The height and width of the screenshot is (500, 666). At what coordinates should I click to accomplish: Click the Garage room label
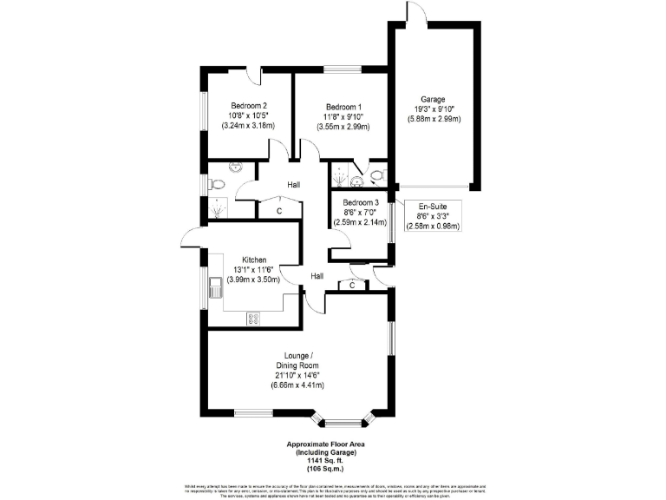434,99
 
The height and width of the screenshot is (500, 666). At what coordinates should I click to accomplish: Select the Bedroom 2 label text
248,105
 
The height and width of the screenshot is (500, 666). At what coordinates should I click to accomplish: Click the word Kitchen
253,260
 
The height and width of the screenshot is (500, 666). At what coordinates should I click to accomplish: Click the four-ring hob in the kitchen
254,318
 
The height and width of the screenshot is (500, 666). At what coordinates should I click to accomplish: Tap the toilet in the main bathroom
218,184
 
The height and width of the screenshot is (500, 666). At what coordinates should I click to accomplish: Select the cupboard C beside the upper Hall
279,211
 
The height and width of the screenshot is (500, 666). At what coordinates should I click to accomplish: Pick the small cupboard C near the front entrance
352,285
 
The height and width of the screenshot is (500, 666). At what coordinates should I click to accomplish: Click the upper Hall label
294,185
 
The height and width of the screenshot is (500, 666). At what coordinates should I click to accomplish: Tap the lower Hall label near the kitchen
318,276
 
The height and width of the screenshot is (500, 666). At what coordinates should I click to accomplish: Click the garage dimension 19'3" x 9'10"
434,109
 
